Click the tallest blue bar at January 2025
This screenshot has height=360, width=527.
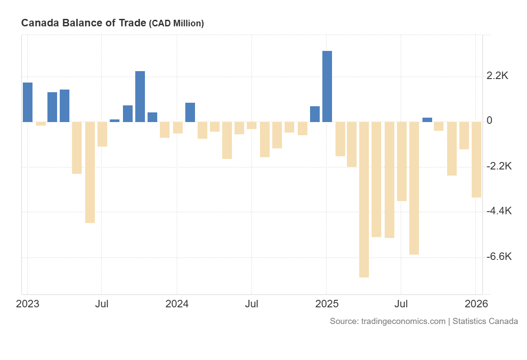click(x=327, y=86)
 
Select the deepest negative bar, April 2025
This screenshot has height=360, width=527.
click(x=364, y=199)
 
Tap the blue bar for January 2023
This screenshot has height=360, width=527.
click(x=28, y=102)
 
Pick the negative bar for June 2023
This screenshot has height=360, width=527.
click(x=90, y=172)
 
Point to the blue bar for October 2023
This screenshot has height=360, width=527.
click(x=140, y=97)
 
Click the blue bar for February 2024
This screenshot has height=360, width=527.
click(x=190, y=112)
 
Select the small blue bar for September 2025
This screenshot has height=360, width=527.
click(x=427, y=119)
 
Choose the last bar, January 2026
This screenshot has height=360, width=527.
click(x=476, y=159)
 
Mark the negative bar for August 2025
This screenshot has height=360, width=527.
click(x=414, y=188)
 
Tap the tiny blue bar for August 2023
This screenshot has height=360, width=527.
click(x=115, y=120)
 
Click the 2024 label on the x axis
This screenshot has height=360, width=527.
click(x=177, y=304)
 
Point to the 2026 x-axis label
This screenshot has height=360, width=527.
click(x=476, y=304)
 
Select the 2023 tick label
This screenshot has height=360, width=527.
click(x=28, y=304)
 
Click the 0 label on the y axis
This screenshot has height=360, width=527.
click(x=490, y=121)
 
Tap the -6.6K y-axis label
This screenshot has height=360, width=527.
click(x=499, y=256)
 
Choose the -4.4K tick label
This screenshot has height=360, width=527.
click(x=499, y=211)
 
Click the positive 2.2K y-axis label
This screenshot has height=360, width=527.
click(x=497, y=76)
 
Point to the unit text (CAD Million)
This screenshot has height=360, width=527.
click(x=177, y=24)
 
